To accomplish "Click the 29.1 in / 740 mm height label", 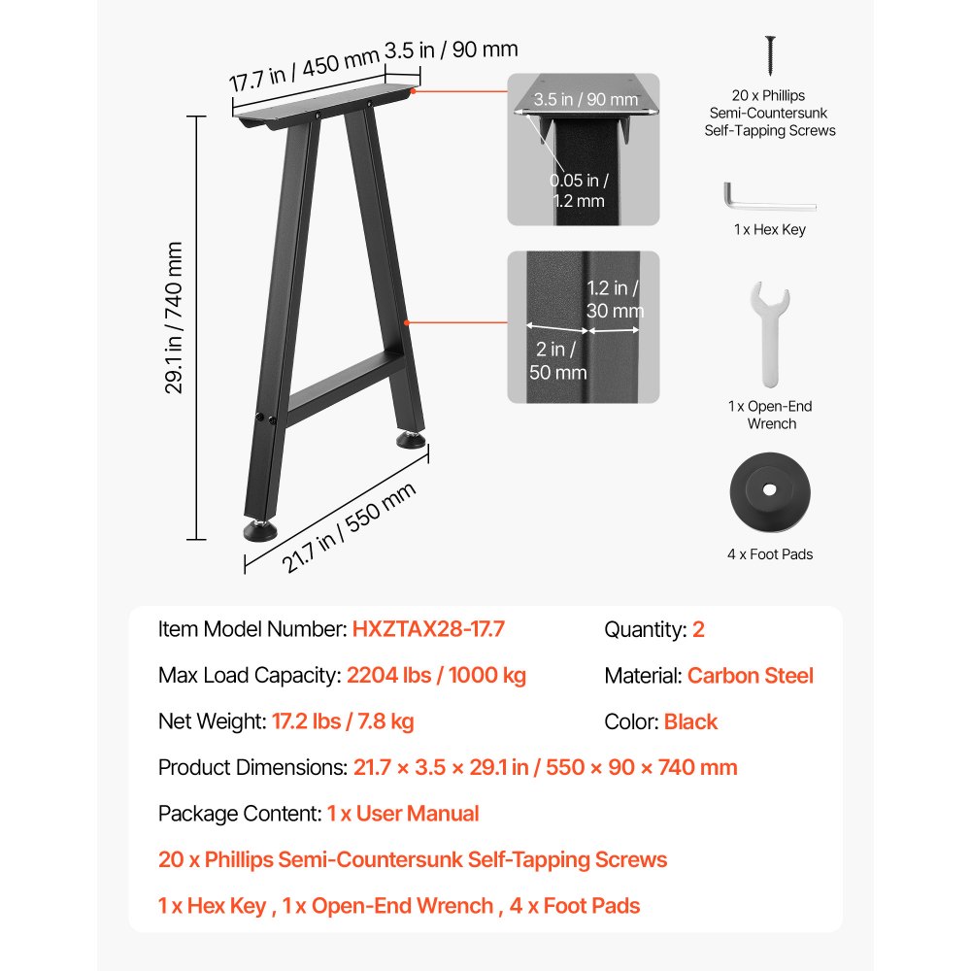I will click(x=175, y=318).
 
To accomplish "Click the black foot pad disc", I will click(x=769, y=491).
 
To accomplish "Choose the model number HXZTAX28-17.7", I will click(x=428, y=629).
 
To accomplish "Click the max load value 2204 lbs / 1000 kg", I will click(x=436, y=676).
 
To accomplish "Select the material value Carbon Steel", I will click(x=750, y=676).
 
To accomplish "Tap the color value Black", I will click(x=690, y=721).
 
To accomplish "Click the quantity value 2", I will click(x=698, y=629).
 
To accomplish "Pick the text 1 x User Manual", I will click(x=403, y=814).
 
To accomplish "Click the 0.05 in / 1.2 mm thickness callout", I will click(x=580, y=190).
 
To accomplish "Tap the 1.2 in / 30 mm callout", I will click(x=615, y=299).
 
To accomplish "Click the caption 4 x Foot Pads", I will click(x=770, y=554).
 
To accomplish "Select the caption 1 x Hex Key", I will click(x=770, y=230).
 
